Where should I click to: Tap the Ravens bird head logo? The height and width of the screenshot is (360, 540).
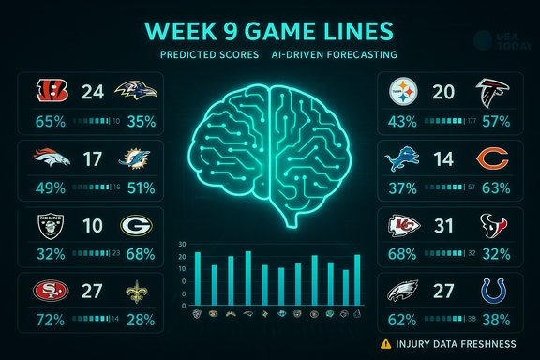[x=135, y=92]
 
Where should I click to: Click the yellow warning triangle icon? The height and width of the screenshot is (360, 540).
[x=385, y=343]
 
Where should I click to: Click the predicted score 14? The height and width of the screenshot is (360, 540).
[x=445, y=160]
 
